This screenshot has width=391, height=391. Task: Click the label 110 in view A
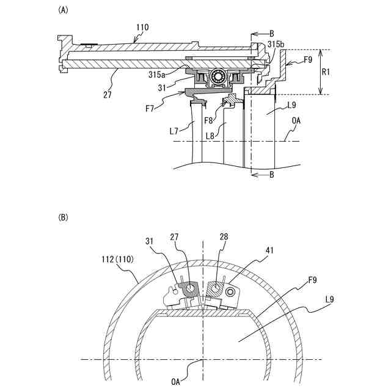142,27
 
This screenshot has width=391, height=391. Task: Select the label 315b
276,45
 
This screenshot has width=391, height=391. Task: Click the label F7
150,108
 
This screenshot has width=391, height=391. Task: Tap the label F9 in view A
309,60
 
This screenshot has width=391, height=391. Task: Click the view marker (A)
62,10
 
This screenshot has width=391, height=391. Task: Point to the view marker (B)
62,217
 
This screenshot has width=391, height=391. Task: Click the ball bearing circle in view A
217,76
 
